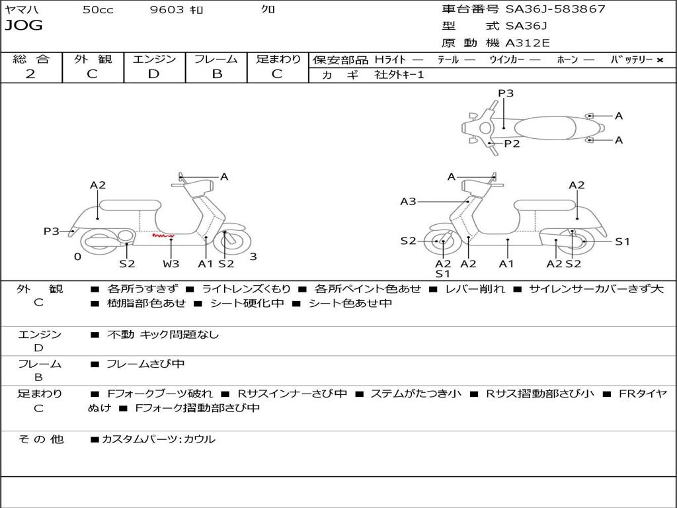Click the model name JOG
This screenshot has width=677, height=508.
(x=24, y=26)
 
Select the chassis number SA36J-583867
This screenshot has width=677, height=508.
(x=555, y=9)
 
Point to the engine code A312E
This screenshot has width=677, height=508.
(x=528, y=44)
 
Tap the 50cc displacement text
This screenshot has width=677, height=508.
(x=98, y=10)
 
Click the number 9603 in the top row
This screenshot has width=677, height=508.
(x=167, y=10)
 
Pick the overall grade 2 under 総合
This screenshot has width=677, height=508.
(x=30, y=74)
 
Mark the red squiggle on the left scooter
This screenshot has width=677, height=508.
(x=163, y=235)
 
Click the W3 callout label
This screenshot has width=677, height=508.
(x=171, y=263)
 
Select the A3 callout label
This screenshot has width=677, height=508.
(x=408, y=201)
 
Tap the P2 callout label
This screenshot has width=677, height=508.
(x=512, y=144)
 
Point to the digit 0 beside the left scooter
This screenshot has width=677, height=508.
(x=77, y=257)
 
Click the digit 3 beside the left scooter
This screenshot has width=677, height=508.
(x=253, y=257)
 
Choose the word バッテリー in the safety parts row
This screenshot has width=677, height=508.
(x=631, y=60)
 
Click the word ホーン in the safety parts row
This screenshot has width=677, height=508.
(x=567, y=60)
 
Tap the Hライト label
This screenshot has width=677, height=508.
(x=390, y=60)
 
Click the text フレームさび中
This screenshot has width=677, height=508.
(x=145, y=364)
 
